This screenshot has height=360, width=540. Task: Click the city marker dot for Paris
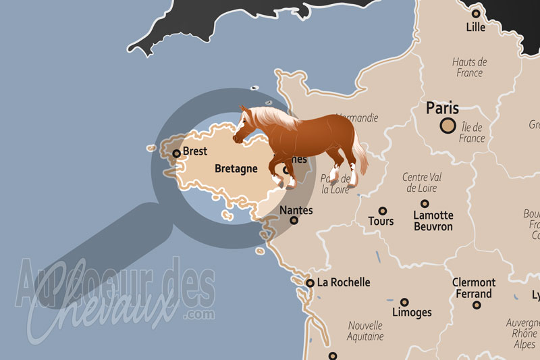[x=447, y=125]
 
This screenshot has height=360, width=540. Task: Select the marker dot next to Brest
[x=177, y=153]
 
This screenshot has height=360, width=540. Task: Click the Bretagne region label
[x=236, y=168]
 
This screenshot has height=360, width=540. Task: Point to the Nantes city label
[x=296, y=210]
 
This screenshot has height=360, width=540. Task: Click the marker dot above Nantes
[x=294, y=220]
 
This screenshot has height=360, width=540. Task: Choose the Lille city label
[x=476, y=28]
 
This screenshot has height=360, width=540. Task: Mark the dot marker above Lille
[x=476, y=13]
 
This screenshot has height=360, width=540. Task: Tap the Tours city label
[x=381, y=221]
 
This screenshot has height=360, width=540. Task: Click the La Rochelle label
[x=344, y=282]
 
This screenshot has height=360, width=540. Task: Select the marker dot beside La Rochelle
[x=310, y=283]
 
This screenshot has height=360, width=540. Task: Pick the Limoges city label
[x=412, y=313]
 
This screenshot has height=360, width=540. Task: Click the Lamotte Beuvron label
[x=433, y=221]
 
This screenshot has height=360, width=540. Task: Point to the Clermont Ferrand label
[x=473, y=288]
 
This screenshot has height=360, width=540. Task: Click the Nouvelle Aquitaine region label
[x=365, y=330]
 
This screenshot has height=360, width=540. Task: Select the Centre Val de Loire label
[x=422, y=182]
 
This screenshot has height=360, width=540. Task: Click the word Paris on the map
[x=443, y=107]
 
